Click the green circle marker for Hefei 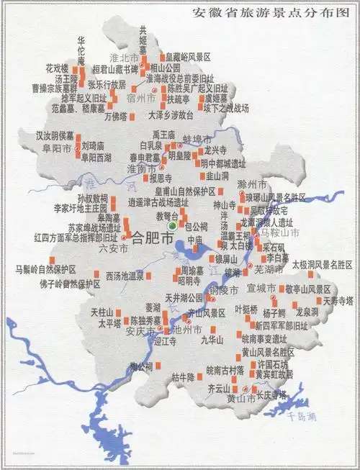[171, 227]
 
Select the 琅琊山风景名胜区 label [277, 197]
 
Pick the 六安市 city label [113, 248]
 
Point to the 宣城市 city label [261, 288]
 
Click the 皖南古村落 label [225, 372]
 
